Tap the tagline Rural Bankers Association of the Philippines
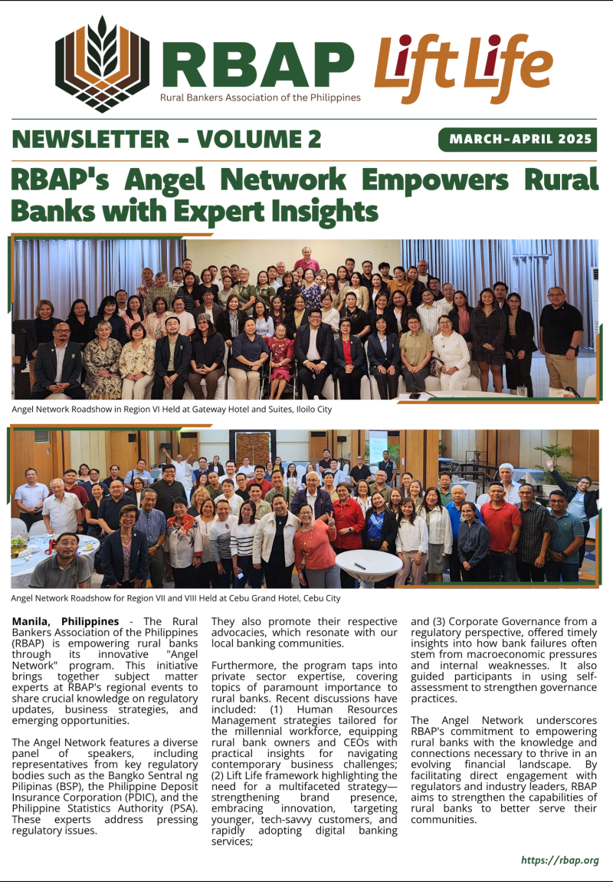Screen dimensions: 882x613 coord(260,97)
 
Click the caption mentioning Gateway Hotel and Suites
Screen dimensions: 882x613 coord(172,410)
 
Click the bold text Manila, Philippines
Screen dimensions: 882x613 coord(66,621)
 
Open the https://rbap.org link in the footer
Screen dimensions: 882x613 coord(559,861)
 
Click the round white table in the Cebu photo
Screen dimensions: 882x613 coord(369,561)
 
